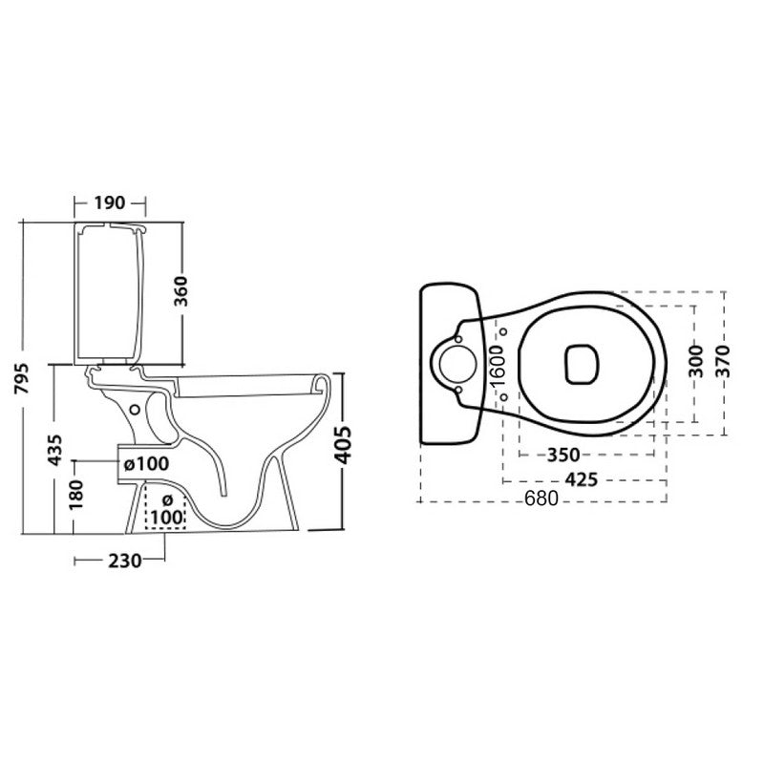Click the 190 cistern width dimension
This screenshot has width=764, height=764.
(x=110, y=202)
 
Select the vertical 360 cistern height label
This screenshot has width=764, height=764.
(x=180, y=291)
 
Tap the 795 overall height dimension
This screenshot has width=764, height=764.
(x=22, y=378)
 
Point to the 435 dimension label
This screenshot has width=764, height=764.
(x=55, y=450)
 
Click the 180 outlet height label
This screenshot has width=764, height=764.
(x=76, y=495)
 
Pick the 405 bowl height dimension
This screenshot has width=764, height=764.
(x=344, y=445)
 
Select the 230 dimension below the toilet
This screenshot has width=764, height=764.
(x=125, y=561)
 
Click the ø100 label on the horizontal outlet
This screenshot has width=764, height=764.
(x=147, y=463)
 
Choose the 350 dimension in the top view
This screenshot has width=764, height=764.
(x=563, y=456)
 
